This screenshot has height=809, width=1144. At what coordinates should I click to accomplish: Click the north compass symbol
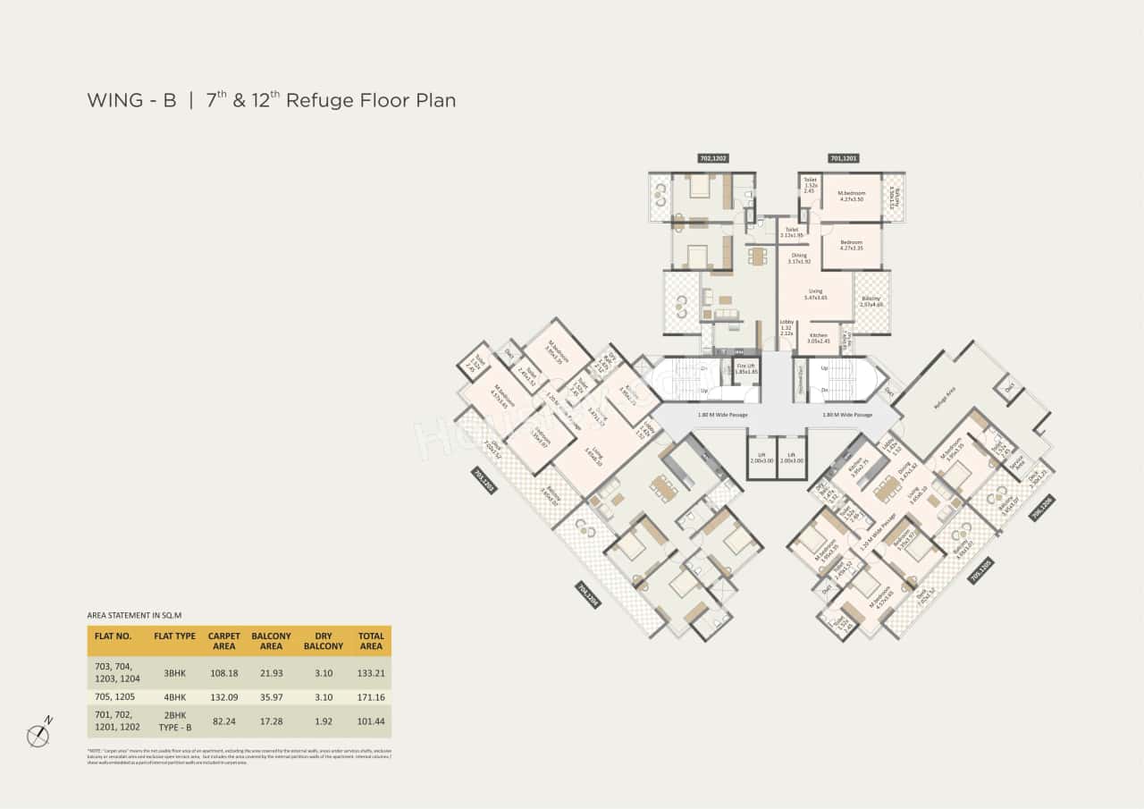pyautogui.click(x=38, y=735)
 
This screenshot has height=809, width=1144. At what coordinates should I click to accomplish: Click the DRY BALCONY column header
pyautogui.click(x=324, y=641)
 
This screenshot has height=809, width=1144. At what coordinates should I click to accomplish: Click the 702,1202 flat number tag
pyautogui.click(x=713, y=158)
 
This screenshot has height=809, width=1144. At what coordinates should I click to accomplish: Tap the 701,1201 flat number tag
pyautogui.click(x=843, y=158)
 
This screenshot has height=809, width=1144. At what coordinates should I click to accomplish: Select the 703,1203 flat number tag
pyautogui.click(x=484, y=481)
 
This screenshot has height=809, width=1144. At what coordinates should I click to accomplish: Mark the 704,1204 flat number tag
pyautogui.click(x=587, y=594)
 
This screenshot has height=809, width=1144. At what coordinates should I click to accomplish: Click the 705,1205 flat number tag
pyautogui.click(x=980, y=571)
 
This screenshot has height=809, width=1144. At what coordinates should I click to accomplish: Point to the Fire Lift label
pyautogui.click(x=747, y=368)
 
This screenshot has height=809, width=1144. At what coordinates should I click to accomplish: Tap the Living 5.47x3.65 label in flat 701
pyautogui.click(x=815, y=294)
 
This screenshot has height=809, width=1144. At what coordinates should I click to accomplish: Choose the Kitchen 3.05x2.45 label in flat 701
pyautogui.click(x=819, y=338)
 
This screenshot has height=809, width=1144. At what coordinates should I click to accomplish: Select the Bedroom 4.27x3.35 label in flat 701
pyautogui.click(x=851, y=246)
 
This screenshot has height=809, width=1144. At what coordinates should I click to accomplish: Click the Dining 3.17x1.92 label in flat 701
pyautogui.click(x=798, y=258)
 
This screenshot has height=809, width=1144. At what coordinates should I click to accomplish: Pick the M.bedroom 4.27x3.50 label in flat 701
pyautogui.click(x=851, y=196)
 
